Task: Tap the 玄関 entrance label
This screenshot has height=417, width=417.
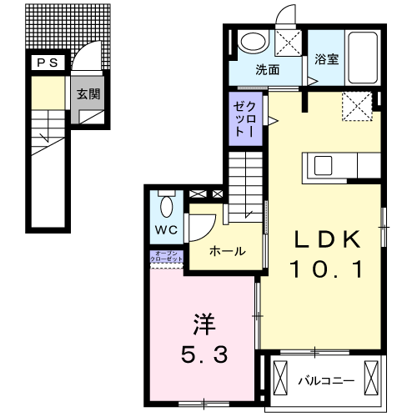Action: pyautogui.click(x=89, y=94)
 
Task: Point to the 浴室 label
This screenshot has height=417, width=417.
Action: pyautogui.click(x=327, y=60)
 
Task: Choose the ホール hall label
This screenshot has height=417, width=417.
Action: pyautogui.click(x=227, y=250)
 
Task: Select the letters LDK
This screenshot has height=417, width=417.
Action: pyautogui.click(x=326, y=240)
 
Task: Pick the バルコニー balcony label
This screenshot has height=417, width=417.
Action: pyautogui.click(x=327, y=381)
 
